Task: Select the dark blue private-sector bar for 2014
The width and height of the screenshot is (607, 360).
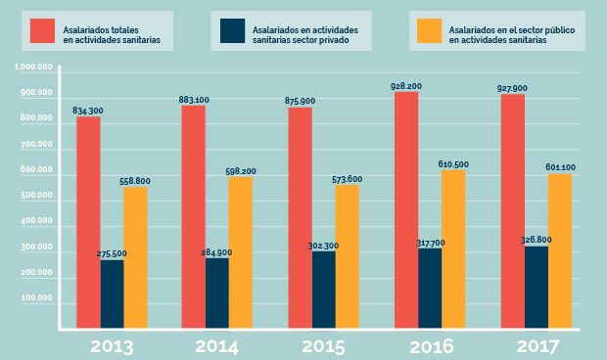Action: tap(217, 293)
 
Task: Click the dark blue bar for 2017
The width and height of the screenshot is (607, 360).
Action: tap(536, 289)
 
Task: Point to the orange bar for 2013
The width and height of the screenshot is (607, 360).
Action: tap(135, 258)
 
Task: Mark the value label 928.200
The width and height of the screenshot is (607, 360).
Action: tap(407, 86)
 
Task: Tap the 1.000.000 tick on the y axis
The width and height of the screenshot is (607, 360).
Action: tap(34, 67)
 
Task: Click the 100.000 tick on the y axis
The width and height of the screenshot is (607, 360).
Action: tap(36, 303)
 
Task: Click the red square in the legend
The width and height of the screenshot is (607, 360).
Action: tap(42, 31)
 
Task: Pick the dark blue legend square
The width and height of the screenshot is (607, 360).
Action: tap(230, 31)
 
